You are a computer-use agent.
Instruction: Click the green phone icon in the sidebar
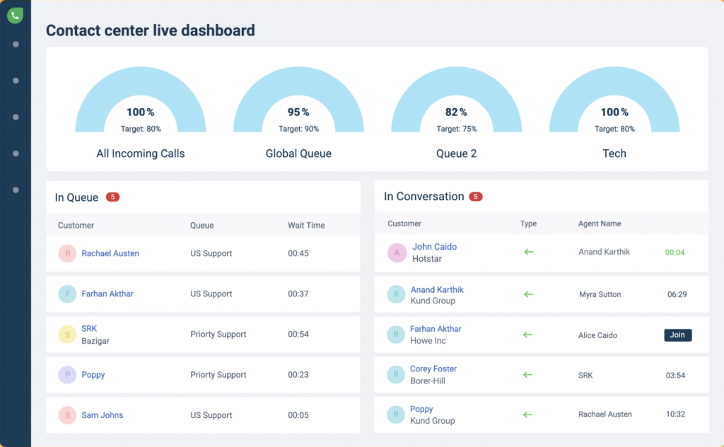pos(15,15)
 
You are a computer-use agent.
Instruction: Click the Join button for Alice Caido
pos(677,335)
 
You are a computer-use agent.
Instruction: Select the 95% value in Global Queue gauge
pos(298,112)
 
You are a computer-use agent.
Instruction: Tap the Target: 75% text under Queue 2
pos(456,129)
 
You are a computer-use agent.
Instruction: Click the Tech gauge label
pos(614,153)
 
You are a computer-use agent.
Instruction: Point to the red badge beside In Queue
pos(112,197)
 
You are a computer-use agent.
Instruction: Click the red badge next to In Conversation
pos(476,197)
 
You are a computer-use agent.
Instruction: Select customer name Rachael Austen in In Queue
pos(110,253)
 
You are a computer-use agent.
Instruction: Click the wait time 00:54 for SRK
pos(298,335)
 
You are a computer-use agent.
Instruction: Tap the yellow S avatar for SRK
pos(67,335)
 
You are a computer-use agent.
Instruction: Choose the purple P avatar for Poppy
pos(67,375)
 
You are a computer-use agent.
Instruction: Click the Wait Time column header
pos(306,226)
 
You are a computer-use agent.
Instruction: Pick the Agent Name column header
pos(599,223)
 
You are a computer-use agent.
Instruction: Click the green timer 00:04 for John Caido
pos(675,252)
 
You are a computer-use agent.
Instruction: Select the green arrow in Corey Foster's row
pos(527,375)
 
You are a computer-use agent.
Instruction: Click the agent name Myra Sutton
pos(600,295)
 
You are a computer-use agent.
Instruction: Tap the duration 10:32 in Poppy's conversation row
pos(675,414)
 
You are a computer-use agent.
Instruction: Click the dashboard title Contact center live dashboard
pos(150,30)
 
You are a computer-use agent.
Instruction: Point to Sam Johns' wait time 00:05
pos(298,415)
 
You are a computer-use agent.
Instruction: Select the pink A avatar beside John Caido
pos(397,252)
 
